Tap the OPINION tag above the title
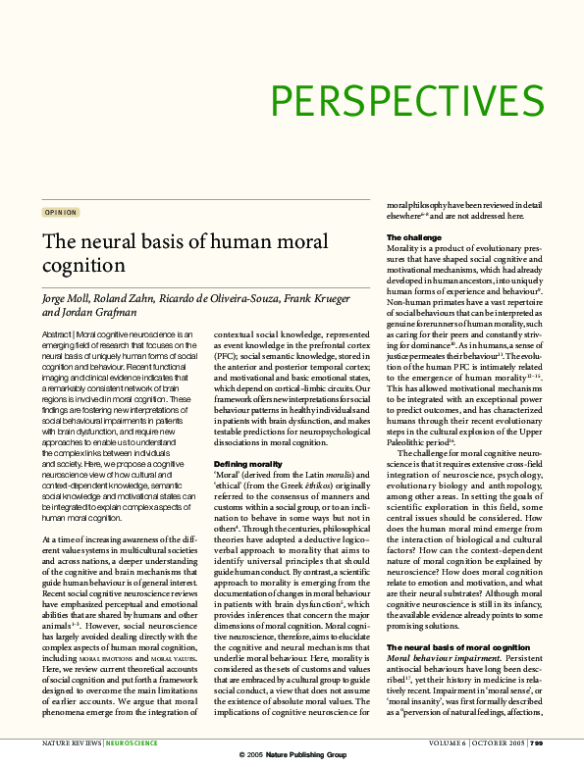[x=61, y=212]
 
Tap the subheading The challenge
[x=411, y=238]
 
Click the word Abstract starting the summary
[x=58, y=335]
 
